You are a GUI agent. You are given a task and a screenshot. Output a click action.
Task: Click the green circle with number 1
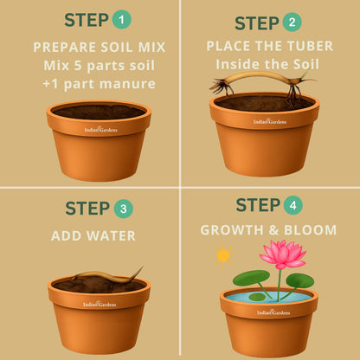[122, 19]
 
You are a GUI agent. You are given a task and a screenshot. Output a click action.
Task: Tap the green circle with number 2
[292, 22]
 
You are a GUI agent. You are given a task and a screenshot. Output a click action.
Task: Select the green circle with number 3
[124, 209]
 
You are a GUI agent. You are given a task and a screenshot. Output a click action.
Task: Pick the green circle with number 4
[292, 205]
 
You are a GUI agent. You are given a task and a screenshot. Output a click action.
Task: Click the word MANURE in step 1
[127, 84]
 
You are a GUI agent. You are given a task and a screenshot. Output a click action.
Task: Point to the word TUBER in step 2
[310, 46]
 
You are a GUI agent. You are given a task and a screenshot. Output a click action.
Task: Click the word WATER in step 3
[111, 236]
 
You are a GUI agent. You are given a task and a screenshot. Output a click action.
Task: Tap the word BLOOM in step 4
[311, 230]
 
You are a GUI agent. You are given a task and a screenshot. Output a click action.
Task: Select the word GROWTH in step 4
[232, 230]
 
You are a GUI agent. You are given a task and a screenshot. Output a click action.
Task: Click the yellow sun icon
[223, 255]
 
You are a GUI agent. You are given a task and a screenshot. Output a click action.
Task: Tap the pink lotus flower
[283, 254]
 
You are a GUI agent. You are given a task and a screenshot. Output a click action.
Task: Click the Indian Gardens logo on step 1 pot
[100, 129]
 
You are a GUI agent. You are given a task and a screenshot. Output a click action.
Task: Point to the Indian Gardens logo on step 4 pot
[273, 312]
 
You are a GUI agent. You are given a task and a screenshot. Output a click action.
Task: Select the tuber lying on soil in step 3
[106, 276]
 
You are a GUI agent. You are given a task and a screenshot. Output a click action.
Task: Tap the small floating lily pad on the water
[257, 297]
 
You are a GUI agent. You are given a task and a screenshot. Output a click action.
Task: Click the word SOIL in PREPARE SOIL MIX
[117, 48]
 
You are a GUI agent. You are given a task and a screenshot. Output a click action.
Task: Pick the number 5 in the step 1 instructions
[78, 66]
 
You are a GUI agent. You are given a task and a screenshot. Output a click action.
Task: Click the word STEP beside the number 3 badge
[87, 209]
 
